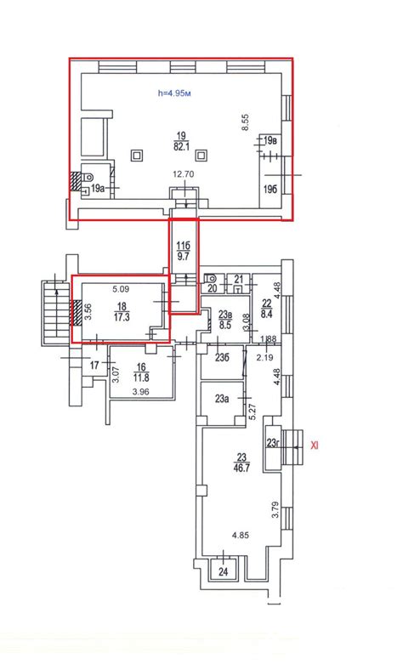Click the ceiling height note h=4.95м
coord(174,94)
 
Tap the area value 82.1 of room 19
coord(182,146)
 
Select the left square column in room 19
coord(137,156)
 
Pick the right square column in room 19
coord(201,156)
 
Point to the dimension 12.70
coord(184,174)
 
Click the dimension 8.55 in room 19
coord(245,122)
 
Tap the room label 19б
coord(271,190)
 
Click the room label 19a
coord(98,189)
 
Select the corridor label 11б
coord(184,246)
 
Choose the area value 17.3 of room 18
coord(122,317)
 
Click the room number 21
coord(239,279)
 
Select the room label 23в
coord(225,315)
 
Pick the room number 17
coord(95,365)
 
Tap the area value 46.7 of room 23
coord(241,468)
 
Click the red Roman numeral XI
coord(315,445)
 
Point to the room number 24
coord(223,571)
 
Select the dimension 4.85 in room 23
coord(240,536)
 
